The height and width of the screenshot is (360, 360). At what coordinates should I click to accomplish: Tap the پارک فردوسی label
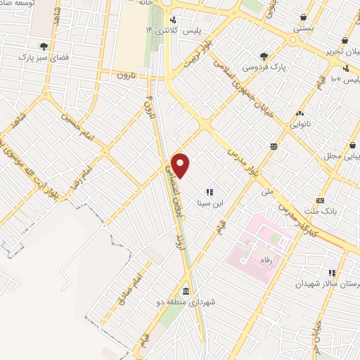tap(261, 67)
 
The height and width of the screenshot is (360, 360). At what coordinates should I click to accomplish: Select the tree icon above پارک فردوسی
tap(263, 56)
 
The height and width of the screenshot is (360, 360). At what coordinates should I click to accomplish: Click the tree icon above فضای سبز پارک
tap(44, 44)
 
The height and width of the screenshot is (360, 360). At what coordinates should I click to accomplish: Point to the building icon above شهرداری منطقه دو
tap(186, 291)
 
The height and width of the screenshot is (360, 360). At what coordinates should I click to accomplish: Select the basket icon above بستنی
tap(303, 17)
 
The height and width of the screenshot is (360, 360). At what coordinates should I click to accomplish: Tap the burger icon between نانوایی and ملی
tap(273, 146)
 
